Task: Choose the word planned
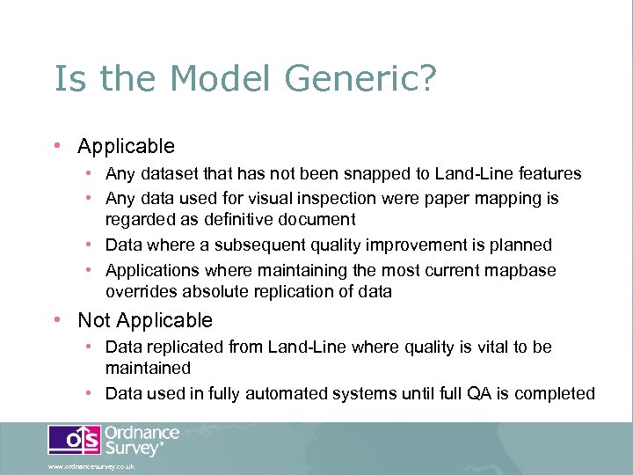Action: click(x=520, y=245)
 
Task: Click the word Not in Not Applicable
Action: click(x=94, y=320)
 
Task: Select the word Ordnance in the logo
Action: click(x=142, y=434)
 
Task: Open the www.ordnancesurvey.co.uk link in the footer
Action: click(x=91, y=467)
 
